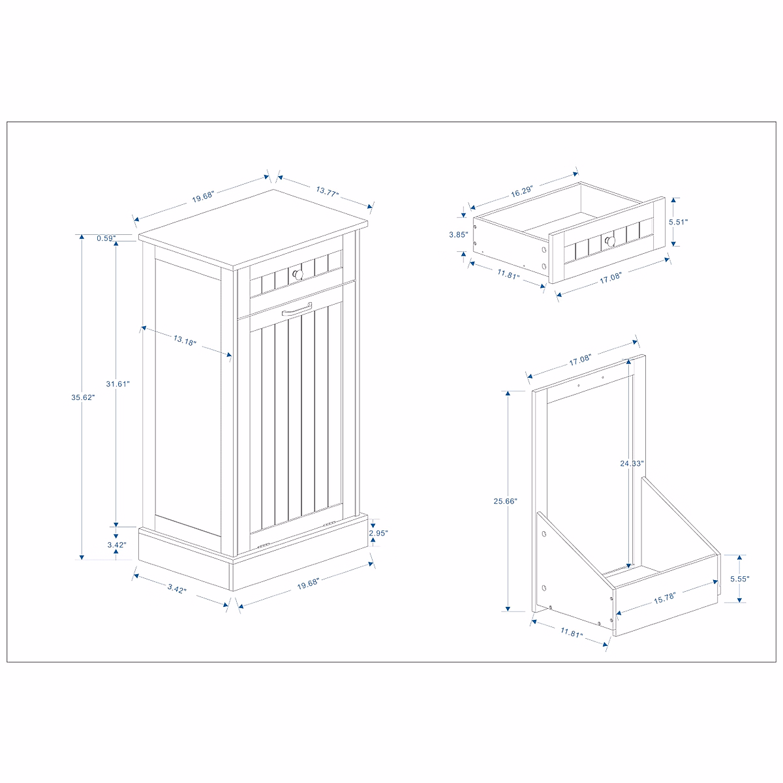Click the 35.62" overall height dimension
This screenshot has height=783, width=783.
coord(83,397)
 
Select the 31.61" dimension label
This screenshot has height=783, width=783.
coord(118,384)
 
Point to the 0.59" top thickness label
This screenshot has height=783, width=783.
coord(106,238)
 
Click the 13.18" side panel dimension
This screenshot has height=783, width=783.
coord(185,340)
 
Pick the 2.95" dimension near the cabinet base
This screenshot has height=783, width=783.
coord(378,533)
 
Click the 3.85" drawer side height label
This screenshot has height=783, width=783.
coord(459,234)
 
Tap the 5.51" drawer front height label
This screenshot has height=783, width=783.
coord(679,222)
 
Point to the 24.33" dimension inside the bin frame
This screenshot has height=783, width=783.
coord(632,463)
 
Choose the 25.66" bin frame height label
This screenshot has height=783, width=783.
coord(505,501)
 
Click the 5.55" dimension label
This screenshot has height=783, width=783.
coord(739,579)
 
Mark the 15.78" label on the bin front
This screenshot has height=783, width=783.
coord(664,597)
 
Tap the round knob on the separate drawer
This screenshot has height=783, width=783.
coord(610,241)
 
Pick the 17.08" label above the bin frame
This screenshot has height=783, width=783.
coord(579,359)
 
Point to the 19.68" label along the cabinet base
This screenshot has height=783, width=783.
coord(311,585)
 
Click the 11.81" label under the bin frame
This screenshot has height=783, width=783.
coord(570,633)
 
